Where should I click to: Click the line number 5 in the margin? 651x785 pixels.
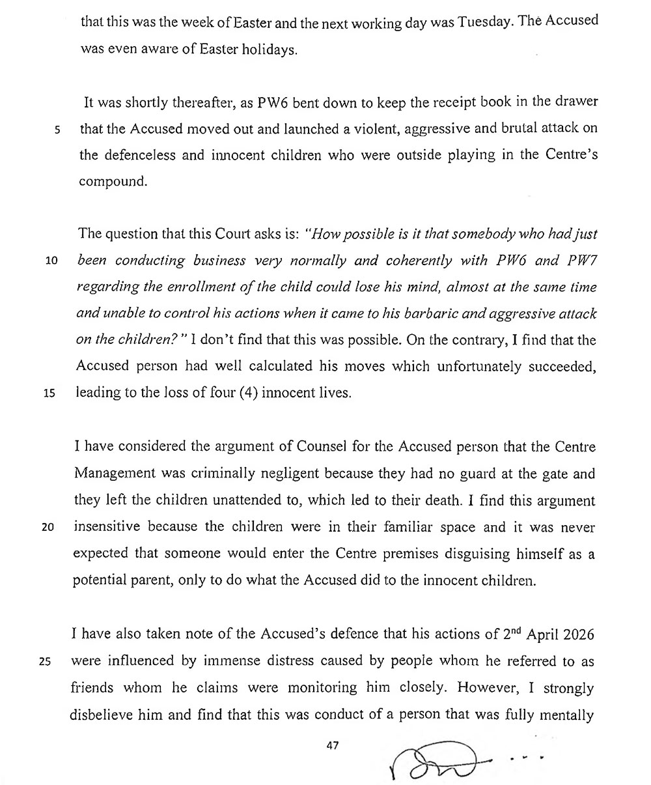tap(57, 129)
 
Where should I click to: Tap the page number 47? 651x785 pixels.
tap(333, 745)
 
